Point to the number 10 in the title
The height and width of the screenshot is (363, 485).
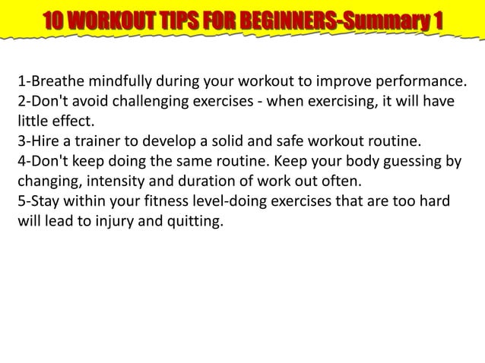[54, 21]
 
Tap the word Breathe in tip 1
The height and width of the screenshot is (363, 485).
[55, 81]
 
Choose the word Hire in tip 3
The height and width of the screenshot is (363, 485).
[43, 141]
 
